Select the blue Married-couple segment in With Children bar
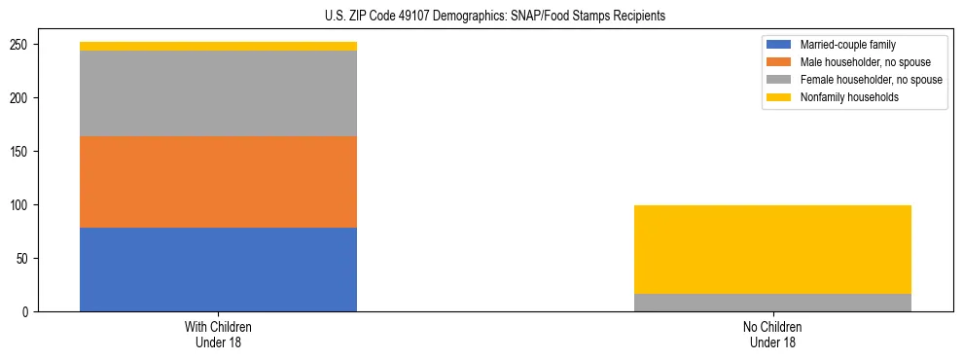point(218,270)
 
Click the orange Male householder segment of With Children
point(218,182)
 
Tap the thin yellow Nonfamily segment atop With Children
point(218,46)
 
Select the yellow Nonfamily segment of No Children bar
point(772,249)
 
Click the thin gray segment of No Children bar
point(772,303)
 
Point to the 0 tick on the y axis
point(30,312)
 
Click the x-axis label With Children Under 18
point(218,335)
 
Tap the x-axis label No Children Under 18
point(772,335)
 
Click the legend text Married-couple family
point(847,45)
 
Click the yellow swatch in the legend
point(779,97)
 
